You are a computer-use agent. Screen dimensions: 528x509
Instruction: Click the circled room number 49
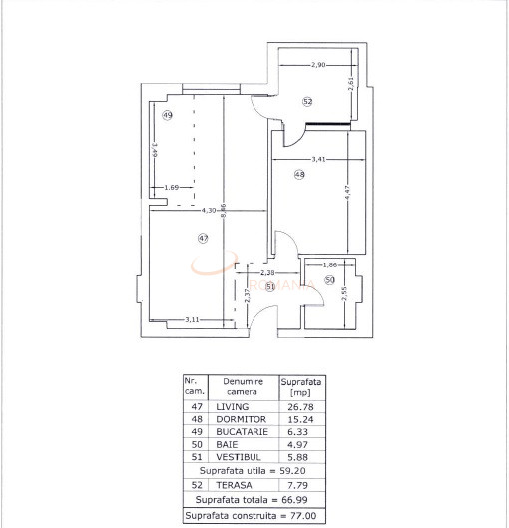(168, 116)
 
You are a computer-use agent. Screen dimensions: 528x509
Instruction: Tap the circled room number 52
(307, 102)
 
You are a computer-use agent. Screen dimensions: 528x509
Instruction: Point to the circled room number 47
(203, 238)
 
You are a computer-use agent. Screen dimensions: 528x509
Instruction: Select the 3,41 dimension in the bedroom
(319, 158)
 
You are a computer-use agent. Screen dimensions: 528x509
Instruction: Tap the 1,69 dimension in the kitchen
(171, 187)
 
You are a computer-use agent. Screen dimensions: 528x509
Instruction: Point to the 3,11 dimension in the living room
(194, 319)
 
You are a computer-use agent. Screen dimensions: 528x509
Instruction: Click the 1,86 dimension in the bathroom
(331, 264)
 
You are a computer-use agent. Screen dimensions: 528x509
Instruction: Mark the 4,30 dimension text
(209, 211)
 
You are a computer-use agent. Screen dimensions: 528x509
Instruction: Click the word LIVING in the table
(232, 407)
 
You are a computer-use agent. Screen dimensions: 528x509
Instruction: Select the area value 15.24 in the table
(299, 421)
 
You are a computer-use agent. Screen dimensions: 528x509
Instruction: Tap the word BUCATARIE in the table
(240, 435)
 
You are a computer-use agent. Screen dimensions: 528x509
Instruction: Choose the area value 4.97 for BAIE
(299, 449)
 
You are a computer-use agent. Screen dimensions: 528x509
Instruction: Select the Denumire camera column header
(242, 387)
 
